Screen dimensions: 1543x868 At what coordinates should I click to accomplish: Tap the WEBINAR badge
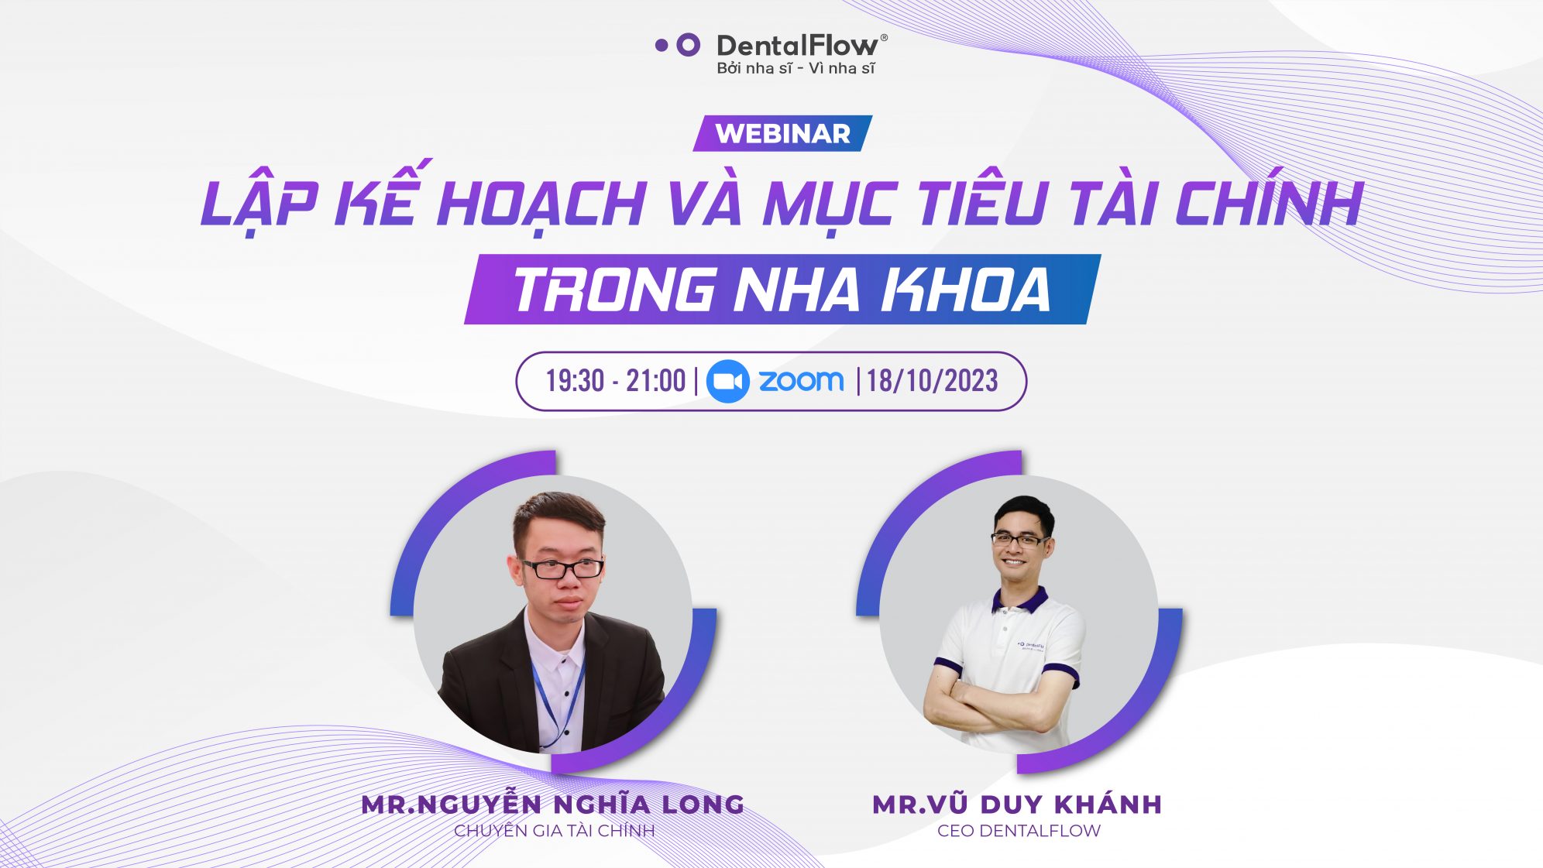coord(782,133)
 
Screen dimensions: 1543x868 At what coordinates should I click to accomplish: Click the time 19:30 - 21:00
coord(616,381)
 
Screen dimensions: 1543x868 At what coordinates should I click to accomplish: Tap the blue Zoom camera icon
coord(727,381)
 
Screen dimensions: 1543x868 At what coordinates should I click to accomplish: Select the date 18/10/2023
coord(932,381)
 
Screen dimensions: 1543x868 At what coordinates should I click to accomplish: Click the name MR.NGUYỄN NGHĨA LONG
coord(553,804)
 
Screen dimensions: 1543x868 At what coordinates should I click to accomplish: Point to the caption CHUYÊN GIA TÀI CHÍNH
coord(555,831)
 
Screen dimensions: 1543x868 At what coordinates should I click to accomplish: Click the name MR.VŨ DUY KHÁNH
coord(1017,805)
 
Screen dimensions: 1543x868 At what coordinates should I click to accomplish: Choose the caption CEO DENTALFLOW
coord(1019,831)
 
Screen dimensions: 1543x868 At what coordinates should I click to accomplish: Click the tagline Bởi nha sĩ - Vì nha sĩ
coord(796,68)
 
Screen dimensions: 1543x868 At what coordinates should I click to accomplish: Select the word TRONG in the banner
coord(615,290)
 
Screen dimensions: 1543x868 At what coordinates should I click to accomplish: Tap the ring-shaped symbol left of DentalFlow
coord(688,45)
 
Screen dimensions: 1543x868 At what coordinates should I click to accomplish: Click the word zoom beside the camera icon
coord(801,380)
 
